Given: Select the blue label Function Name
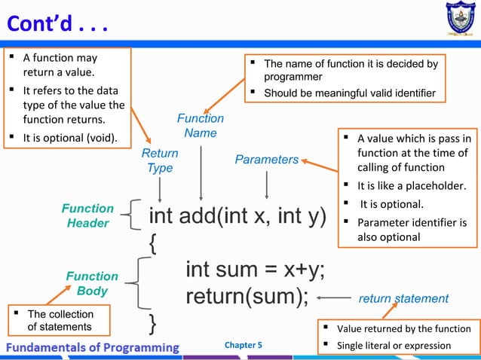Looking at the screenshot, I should [x=201, y=126].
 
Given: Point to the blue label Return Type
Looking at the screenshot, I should [x=160, y=160].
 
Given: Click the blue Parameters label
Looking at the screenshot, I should [x=267, y=160].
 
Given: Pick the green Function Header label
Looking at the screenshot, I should [x=88, y=215].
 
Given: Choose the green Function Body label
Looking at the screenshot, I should [x=92, y=283].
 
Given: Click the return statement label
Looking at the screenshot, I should [x=403, y=299].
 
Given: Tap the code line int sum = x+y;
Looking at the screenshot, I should [x=256, y=270].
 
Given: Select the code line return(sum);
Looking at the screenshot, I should [x=247, y=297].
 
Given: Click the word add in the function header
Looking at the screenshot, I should [x=200, y=217].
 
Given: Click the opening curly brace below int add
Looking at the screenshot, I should [x=153, y=243].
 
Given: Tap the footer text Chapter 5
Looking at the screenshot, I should [x=244, y=346].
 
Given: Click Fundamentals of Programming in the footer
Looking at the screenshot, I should [x=93, y=346].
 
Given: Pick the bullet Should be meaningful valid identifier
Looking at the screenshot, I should [x=350, y=93].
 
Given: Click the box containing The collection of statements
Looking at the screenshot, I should [x=60, y=320].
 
